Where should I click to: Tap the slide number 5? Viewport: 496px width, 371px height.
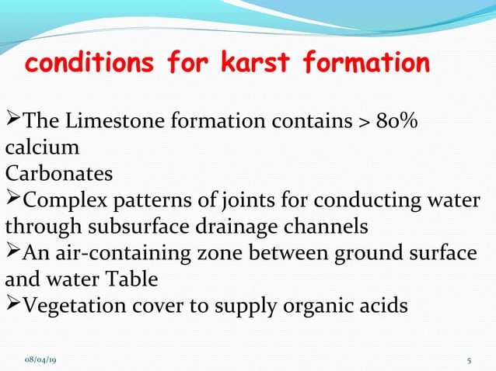pos(470,360)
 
